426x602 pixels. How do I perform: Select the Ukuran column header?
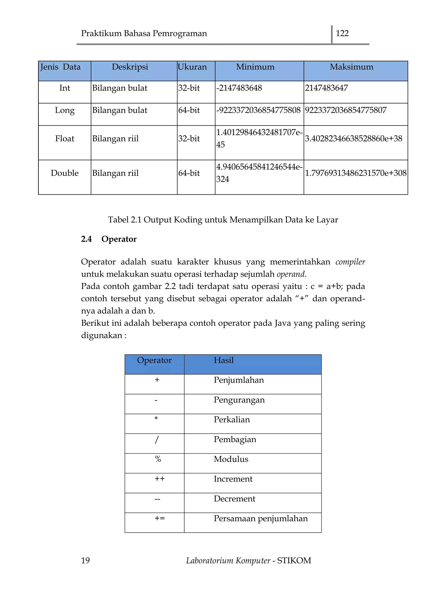pyautogui.click(x=192, y=67)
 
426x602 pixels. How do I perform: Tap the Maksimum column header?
pyautogui.click(x=351, y=67)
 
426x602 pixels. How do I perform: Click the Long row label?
pyautogui.click(x=64, y=110)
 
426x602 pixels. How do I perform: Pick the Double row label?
pyautogui.click(x=64, y=173)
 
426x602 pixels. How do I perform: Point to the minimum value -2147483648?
pyautogui.click(x=239, y=88)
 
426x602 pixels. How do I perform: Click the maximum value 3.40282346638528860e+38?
pyautogui.click(x=353, y=138)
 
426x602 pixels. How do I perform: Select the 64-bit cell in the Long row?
pyautogui.click(x=189, y=110)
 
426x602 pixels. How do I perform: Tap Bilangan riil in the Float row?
pyautogui.click(x=115, y=138)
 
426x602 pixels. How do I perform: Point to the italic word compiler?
pyautogui.click(x=350, y=262)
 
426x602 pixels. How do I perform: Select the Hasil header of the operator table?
pyautogui.click(x=223, y=360)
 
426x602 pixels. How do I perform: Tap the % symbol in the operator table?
pyautogui.click(x=158, y=459)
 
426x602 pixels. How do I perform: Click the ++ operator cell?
pyautogui.click(x=160, y=479)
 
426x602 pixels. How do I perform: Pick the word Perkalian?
pyautogui.click(x=232, y=419)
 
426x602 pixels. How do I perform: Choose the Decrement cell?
pyautogui.click(x=234, y=498)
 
